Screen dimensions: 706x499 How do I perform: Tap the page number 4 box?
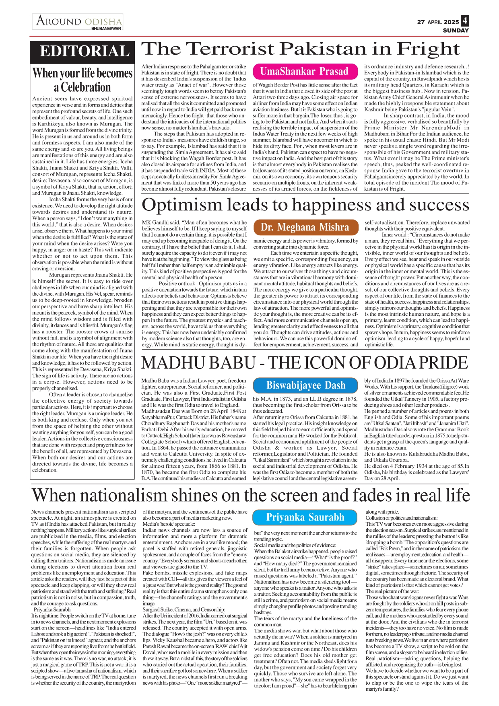click(465, 21)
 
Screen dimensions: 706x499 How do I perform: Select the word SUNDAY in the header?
click(456, 31)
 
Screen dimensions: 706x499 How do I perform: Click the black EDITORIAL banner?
click(84, 51)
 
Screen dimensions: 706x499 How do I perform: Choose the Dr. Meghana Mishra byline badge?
click(305, 227)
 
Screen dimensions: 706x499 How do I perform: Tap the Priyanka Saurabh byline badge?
click(305, 517)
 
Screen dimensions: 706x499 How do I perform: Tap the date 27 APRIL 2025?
click(438, 22)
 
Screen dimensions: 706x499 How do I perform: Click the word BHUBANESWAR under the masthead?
click(106, 29)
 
